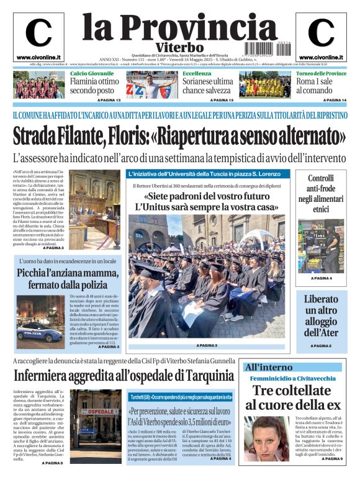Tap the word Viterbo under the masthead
point(179,47)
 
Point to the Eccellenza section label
point(197,73)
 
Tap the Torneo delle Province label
point(321,73)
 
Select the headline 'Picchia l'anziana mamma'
point(66,279)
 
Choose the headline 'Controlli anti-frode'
point(322,193)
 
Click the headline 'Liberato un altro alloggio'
point(321,315)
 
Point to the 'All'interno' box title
point(269,366)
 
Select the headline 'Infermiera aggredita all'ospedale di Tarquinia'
point(124,375)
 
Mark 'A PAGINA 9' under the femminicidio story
point(332,459)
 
